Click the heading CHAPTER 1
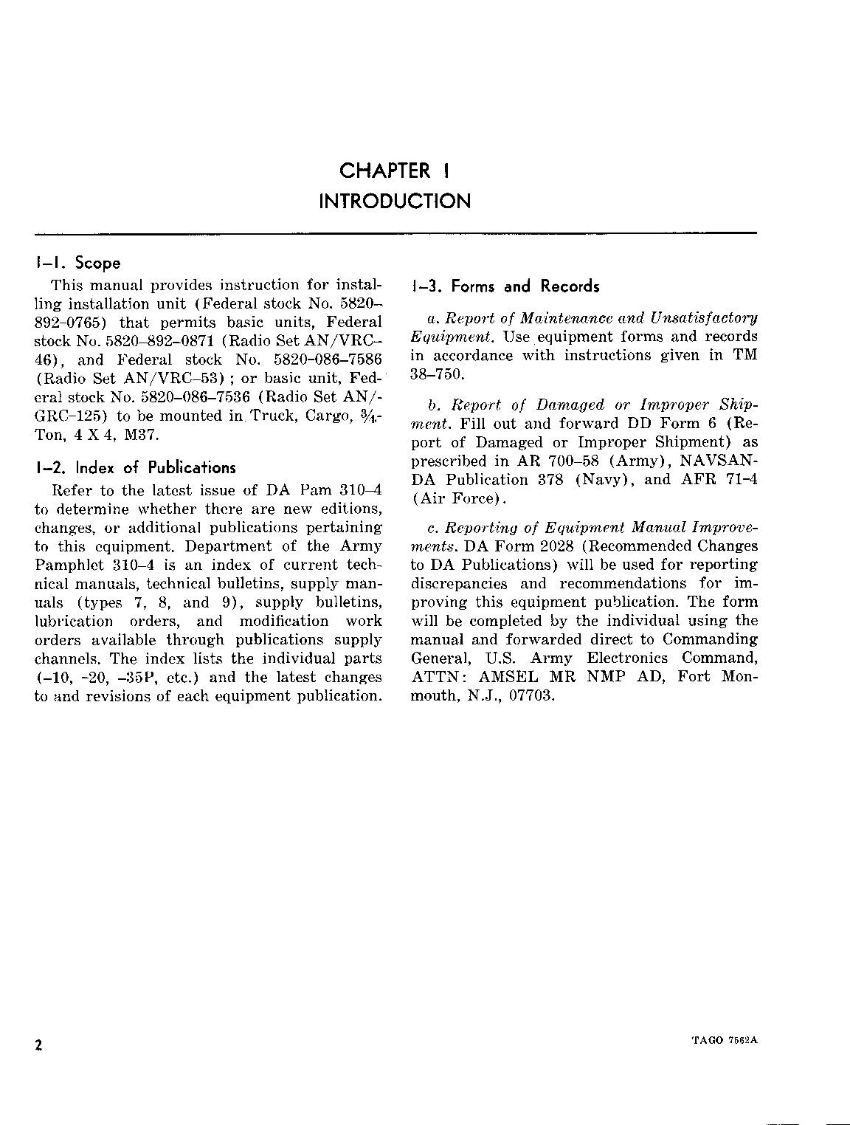(394, 171)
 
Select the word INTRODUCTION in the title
(394, 201)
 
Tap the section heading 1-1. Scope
(77, 263)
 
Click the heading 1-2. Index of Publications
(135, 467)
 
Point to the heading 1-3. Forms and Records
(505, 286)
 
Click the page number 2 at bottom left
(38, 1045)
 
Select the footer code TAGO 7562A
(726, 1039)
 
